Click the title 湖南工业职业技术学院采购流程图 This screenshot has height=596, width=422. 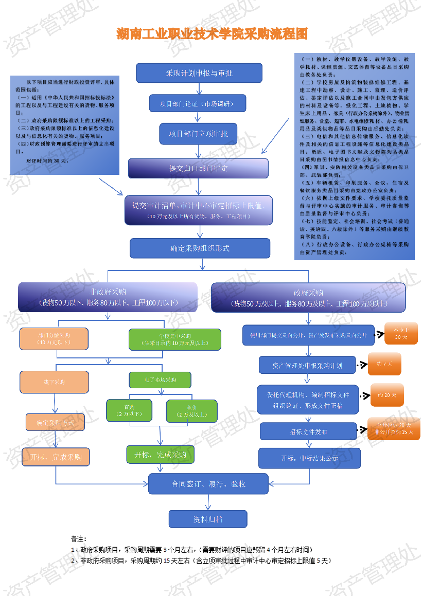tap(212, 34)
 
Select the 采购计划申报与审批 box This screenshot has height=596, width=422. tap(199, 73)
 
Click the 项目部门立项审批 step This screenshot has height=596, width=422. tap(199, 134)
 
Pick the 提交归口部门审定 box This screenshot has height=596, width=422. tap(198, 168)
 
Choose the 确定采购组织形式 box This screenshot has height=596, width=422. tap(200, 248)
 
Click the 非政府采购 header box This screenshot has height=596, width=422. tap(108, 297)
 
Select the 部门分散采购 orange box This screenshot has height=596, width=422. tap(54, 338)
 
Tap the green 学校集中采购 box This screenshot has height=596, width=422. tap(174, 339)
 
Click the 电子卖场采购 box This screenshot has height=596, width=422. tap(160, 380)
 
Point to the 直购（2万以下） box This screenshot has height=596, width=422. tap(130, 410)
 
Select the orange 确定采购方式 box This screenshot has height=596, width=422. tap(55, 422)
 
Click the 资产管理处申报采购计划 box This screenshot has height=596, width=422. tap(307, 365)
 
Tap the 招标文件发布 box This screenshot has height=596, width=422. tap(308, 431)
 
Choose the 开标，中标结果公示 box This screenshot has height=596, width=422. tap(309, 458)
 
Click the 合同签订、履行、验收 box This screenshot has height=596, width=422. tap(208, 484)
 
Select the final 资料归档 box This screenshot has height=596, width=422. tap(208, 519)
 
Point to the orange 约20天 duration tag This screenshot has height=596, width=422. tap(387, 395)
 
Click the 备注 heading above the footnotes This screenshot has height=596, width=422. tap(79, 538)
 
